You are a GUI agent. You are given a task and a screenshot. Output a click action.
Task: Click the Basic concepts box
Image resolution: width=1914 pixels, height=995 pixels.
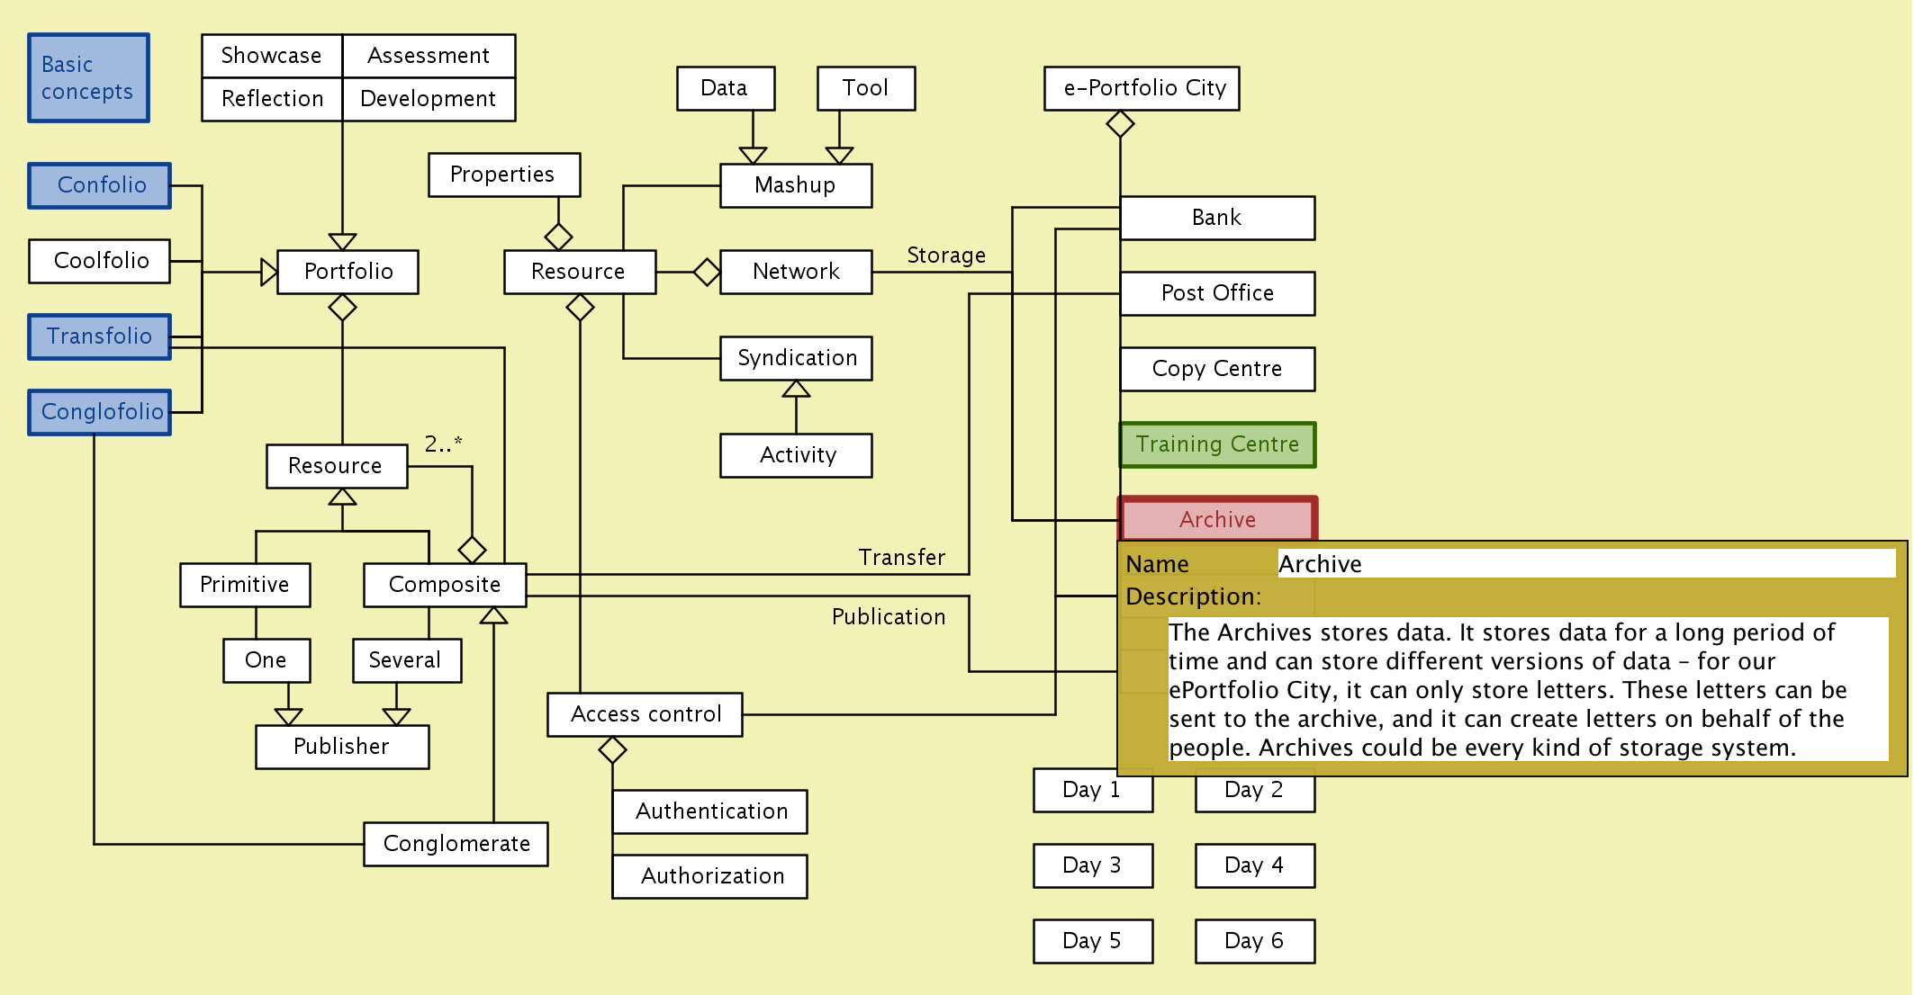(88, 78)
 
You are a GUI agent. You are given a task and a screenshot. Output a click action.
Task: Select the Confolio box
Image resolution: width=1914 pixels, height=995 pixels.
(100, 185)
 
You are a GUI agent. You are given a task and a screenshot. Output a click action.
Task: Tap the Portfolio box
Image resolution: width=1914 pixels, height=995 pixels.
(348, 272)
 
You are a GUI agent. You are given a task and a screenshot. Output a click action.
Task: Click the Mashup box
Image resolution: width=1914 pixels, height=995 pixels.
(795, 185)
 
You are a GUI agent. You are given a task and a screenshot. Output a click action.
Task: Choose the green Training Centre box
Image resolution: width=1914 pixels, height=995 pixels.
(1217, 444)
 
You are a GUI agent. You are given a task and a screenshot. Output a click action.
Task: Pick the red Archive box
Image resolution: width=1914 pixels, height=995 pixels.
(1217, 519)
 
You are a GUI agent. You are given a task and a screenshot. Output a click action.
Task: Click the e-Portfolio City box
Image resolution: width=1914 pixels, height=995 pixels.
(1142, 88)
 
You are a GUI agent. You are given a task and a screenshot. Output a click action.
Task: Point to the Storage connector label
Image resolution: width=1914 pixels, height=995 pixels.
(945, 255)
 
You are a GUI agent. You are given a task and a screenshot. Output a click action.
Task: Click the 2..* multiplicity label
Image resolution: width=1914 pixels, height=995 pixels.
(443, 444)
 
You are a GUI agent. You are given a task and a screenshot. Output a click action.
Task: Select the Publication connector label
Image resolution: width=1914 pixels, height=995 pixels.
(888, 617)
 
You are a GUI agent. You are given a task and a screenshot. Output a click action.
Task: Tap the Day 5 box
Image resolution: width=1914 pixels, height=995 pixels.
(1092, 941)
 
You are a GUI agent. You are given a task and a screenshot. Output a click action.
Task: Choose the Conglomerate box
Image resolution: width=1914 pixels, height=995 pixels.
(456, 844)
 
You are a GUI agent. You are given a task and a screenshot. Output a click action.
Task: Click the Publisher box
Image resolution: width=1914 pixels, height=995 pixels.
(342, 747)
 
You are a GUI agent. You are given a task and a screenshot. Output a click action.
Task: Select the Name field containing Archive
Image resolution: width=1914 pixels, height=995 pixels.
(1584, 564)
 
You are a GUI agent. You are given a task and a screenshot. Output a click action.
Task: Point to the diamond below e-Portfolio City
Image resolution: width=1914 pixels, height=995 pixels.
(1120, 124)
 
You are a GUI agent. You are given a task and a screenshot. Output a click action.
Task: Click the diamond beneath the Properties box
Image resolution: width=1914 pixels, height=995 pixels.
(558, 237)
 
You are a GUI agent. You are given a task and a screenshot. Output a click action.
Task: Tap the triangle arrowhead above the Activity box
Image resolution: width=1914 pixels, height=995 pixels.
(796, 390)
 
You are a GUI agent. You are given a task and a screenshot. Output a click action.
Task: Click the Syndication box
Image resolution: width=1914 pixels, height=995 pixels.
(796, 358)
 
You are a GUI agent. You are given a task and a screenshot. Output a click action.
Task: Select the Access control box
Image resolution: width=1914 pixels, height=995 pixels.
(645, 714)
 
